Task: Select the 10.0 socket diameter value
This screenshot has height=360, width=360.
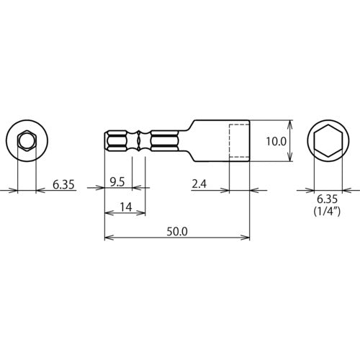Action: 276,143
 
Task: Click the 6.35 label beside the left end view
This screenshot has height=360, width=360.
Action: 63,184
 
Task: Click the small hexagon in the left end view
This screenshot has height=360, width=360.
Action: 27,142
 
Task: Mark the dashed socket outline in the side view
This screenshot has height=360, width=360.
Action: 239,142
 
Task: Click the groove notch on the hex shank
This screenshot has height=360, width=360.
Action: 138,142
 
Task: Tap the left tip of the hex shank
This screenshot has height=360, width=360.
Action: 106,142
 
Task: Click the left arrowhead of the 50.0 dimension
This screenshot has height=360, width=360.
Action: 108,238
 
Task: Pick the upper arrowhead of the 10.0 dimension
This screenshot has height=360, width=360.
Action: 289,123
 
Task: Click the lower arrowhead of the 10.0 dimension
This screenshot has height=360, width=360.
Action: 289,161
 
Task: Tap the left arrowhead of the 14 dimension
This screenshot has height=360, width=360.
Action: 108,214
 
